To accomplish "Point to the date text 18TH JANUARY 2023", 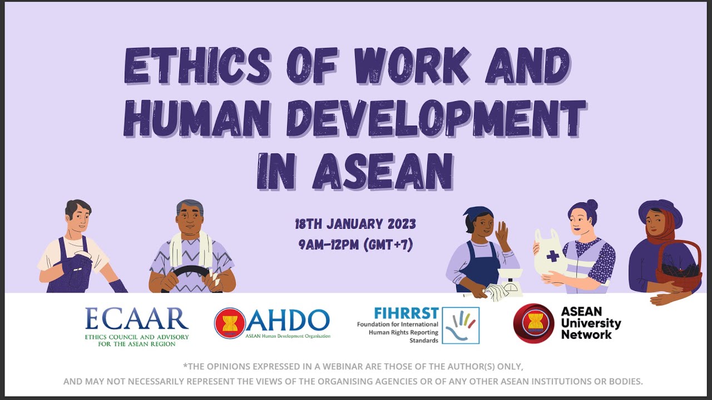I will [355, 225].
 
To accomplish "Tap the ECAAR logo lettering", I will [137, 319].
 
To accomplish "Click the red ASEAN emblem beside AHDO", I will [230, 323].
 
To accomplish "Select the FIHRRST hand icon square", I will [461, 326].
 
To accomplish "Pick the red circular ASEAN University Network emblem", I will [533, 323].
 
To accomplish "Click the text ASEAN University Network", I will [591, 323].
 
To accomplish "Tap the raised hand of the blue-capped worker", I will [502, 235].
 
